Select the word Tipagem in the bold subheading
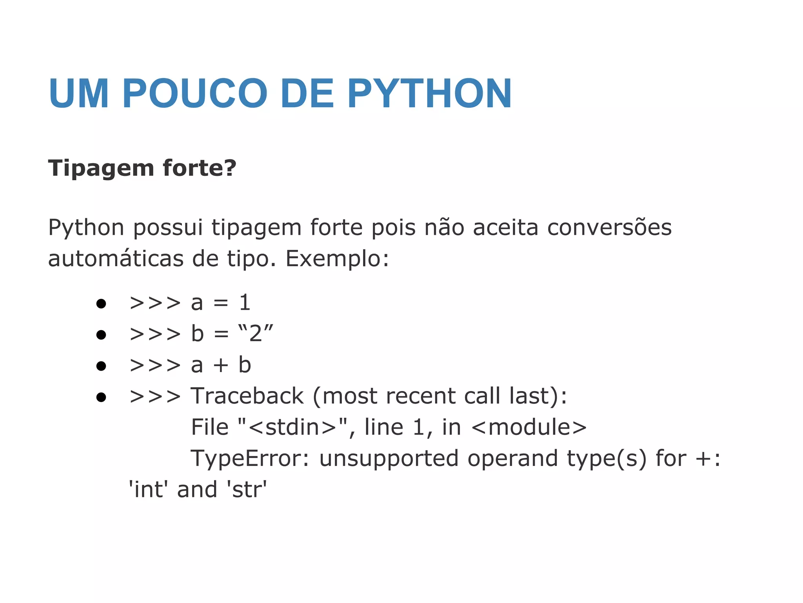tap(101, 169)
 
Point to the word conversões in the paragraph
tap(609, 228)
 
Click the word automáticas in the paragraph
tap(116, 259)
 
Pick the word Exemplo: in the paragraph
tap(337, 259)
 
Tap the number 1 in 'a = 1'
tap(245, 303)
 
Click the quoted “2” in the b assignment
tap(256, 334)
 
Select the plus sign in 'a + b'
tap(221, 365)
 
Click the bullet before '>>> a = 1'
tap(101, 303)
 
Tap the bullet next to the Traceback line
tap(101, 397)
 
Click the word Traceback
tap(247, 396)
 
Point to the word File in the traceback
tap(210, 428)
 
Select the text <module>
tap(529, 428)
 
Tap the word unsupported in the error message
tap(389, 459)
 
